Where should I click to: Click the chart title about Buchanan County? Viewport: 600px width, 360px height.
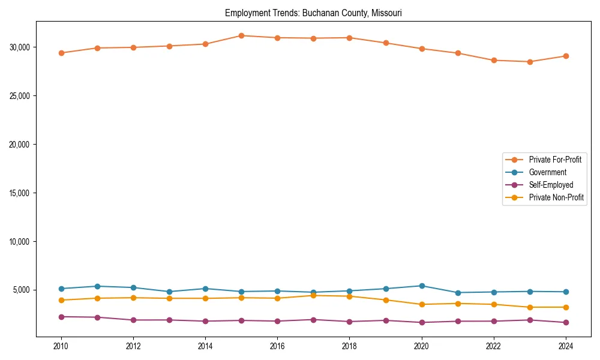(313, 13)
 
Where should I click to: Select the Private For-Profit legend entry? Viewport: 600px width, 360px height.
(555, 160)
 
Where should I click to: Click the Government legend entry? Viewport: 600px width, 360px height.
(547, 172)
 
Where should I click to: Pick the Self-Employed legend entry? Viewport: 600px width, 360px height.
(551, 185)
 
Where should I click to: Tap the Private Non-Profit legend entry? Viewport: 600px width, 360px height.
(556, 197)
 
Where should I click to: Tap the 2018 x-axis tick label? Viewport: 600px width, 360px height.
(350, 346)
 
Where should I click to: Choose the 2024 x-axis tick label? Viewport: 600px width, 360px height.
(566, 346)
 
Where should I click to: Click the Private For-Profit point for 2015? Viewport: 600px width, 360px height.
(241, 35)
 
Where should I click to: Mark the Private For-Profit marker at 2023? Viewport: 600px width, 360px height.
(530, 62)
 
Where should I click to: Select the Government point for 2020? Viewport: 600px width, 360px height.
(422, 286)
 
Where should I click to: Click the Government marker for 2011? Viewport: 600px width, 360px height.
(97, 286)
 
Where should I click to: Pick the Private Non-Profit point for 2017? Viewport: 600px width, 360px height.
(314, 295)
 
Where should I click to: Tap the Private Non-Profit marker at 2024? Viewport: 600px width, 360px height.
(566, 307)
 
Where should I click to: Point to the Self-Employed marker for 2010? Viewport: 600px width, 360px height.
(61, 317)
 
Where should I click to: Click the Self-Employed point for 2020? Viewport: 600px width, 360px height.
(422, 322)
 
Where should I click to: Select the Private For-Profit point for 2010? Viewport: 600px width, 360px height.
(61, 53)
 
